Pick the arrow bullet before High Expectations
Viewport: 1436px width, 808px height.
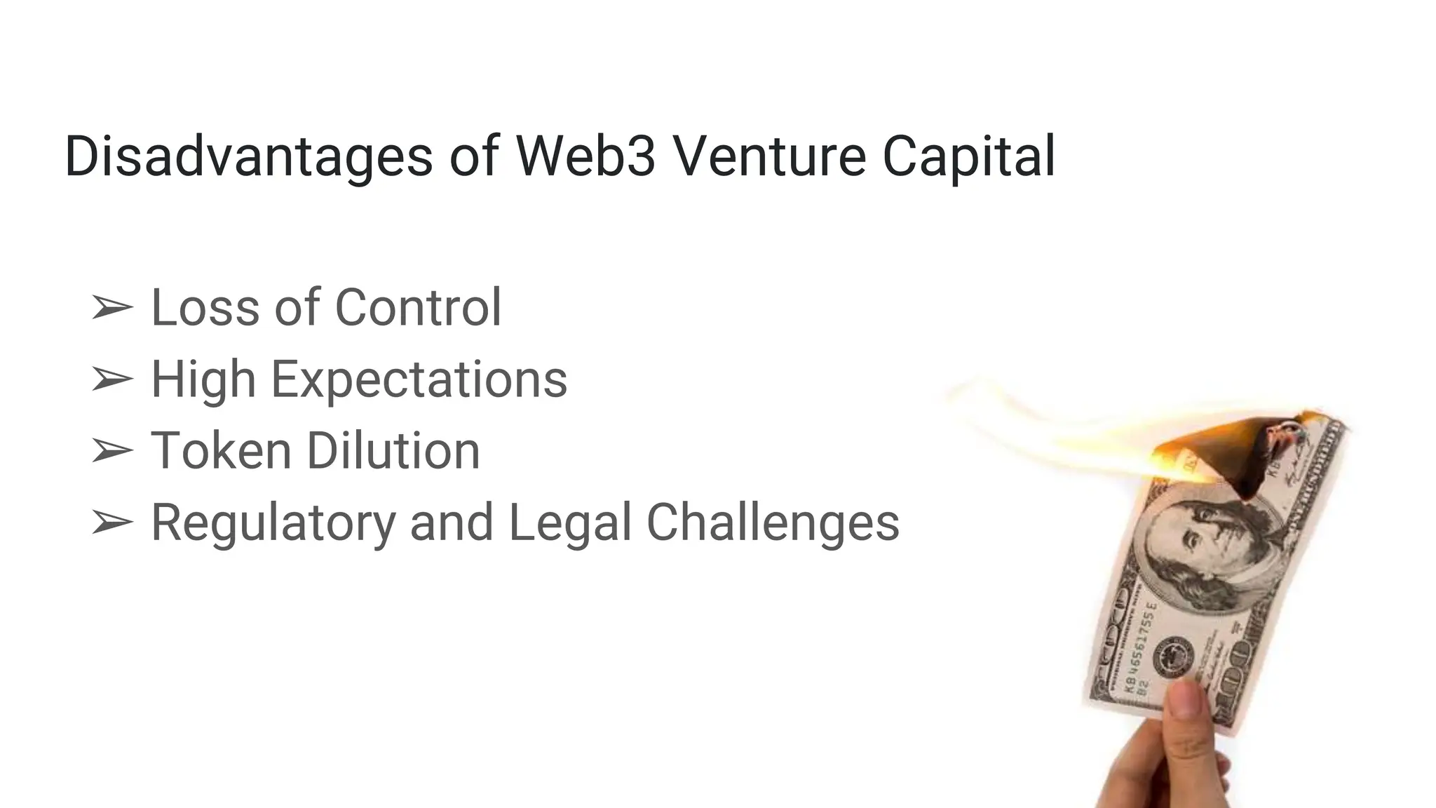[111, 379]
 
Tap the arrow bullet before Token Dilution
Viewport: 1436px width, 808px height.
[111, 451]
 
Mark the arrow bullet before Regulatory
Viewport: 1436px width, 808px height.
[111, 523]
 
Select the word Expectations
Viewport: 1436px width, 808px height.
[419, 380]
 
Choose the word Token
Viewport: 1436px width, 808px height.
[221, 450]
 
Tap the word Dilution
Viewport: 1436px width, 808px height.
[393, 450]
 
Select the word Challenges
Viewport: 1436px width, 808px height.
[772, 523]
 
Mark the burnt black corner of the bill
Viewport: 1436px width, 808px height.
[1255, 463]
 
